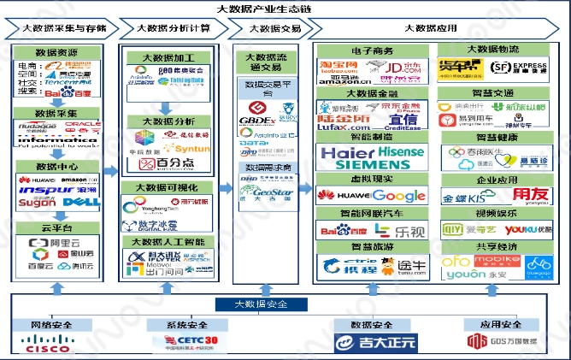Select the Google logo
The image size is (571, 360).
pos(398,196)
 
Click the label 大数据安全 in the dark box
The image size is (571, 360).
pos(262,304)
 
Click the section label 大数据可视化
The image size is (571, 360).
pos(169,187)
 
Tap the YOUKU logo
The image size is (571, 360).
pos(523,230)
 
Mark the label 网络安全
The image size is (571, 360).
pos(49,325)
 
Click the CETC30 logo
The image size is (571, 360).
pos(185,342)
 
